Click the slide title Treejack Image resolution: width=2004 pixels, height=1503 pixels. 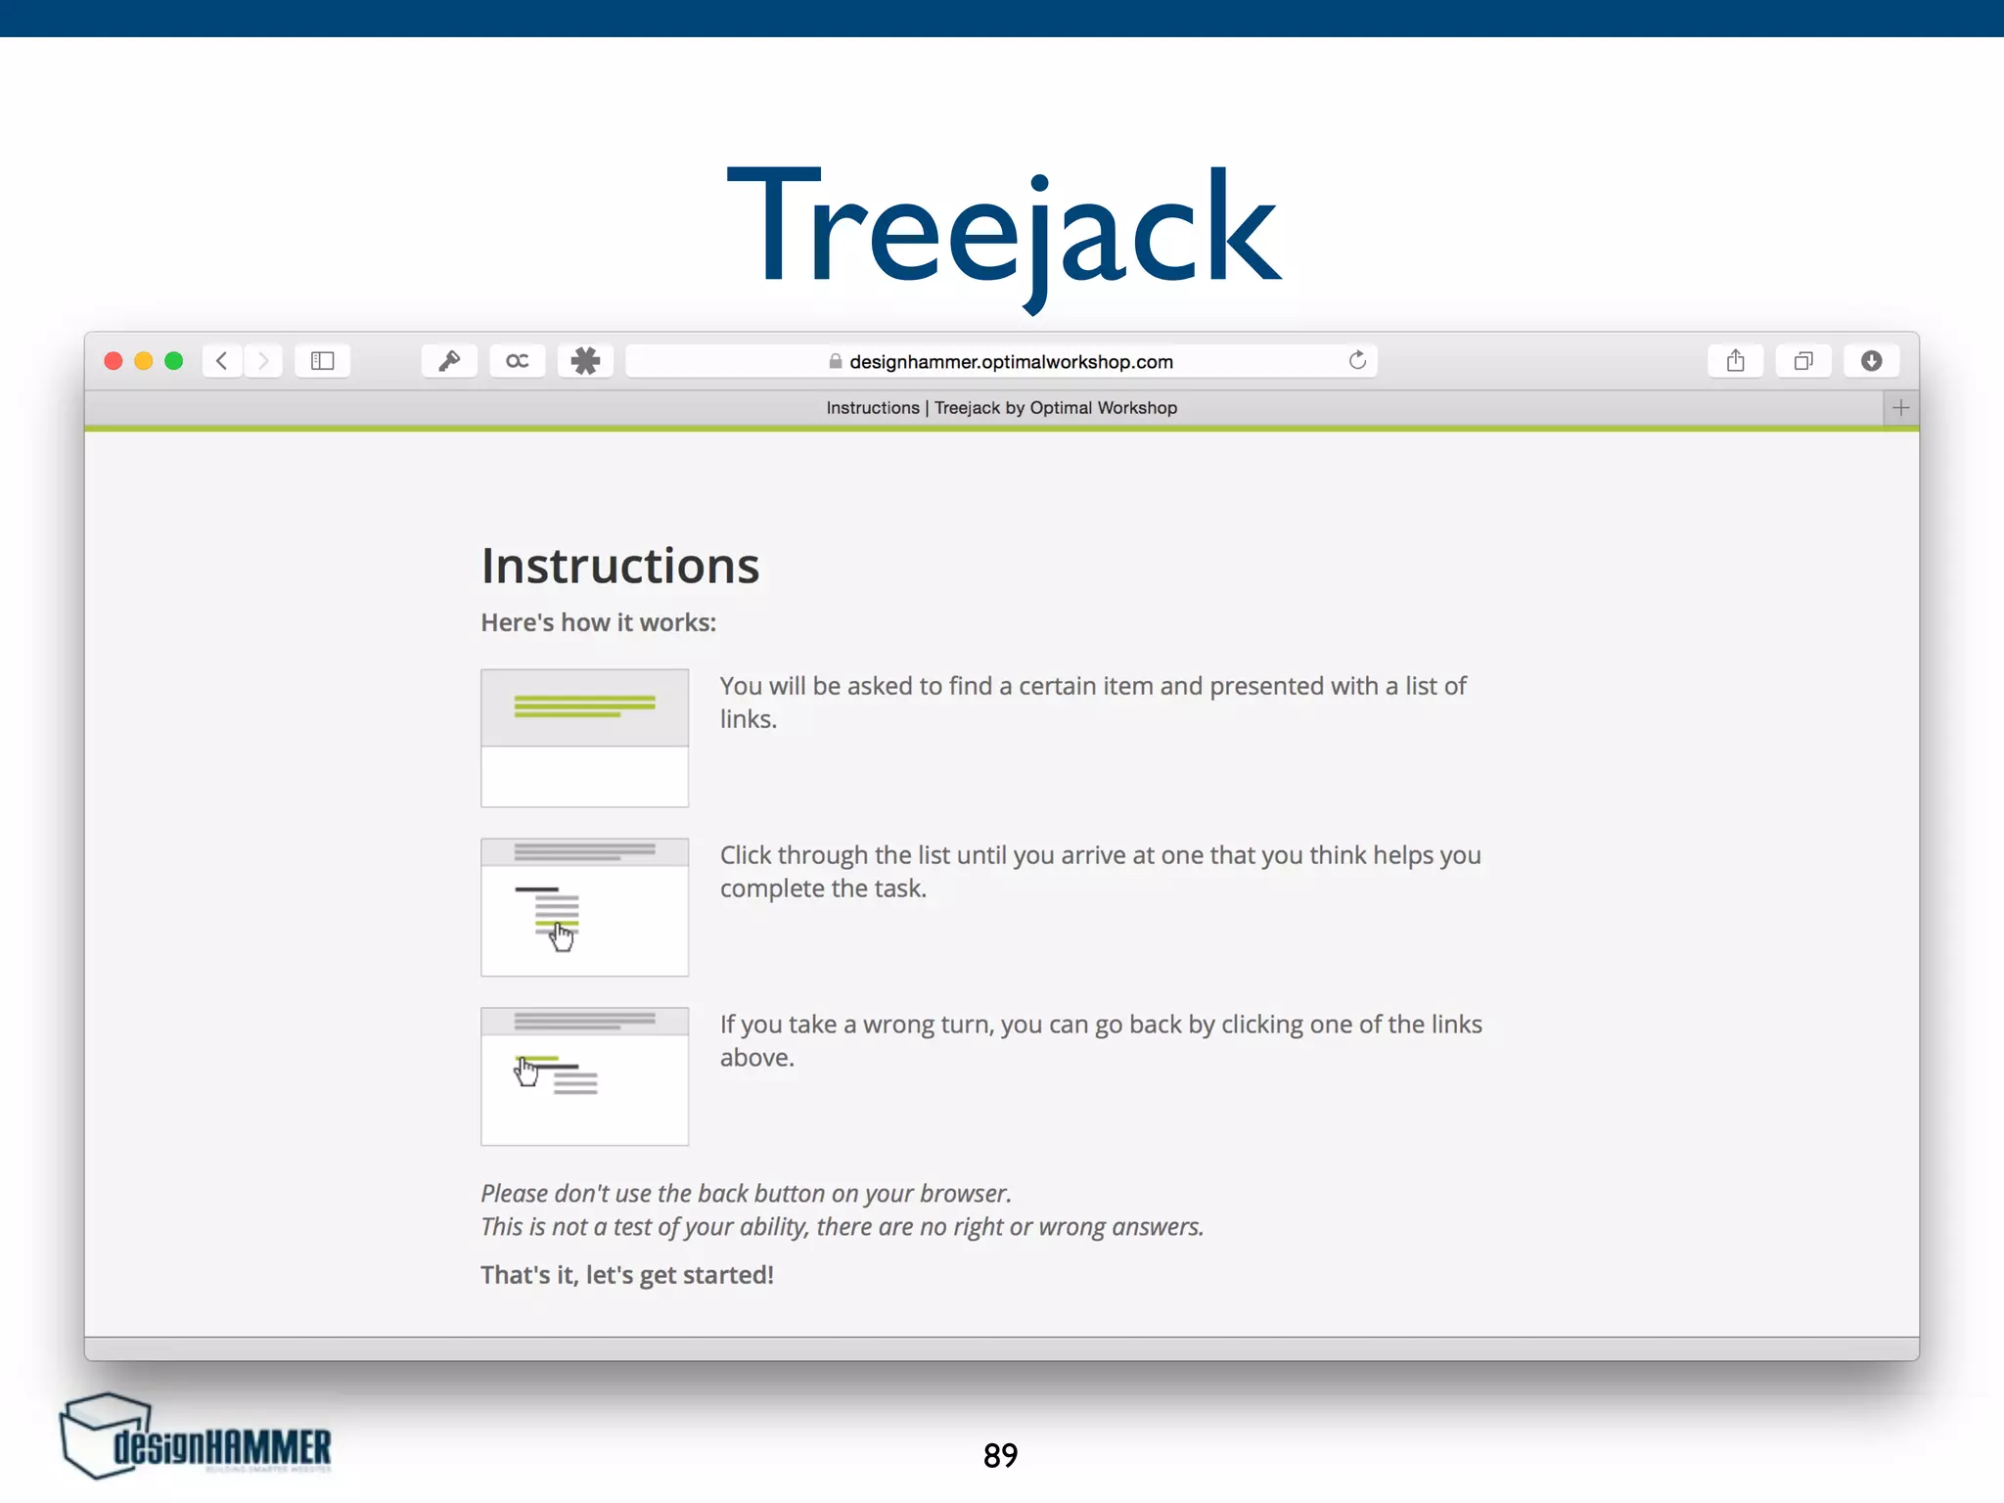click(x=1003, y=231)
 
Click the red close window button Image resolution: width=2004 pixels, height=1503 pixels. click(x=114, y=361)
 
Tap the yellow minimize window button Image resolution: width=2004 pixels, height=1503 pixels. click(x=144, y=361)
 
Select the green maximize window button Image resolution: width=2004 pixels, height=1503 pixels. click(x=174, y=361)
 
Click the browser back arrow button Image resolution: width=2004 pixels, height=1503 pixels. click(x=223, y=361)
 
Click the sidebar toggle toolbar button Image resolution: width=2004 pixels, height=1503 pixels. click(x=322, y=361)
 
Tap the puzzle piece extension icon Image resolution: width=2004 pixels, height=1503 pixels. click(x=585, y=361)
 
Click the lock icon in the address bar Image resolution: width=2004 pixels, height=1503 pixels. click(x=835, y=361)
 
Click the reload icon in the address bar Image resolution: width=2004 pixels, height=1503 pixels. click(x=1357, y=360)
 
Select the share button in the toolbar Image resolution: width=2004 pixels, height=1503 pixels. click(x=1735, y=361)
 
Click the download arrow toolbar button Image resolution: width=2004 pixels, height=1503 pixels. click(x=1871, y=361)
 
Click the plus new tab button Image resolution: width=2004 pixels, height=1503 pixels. click(x=1900, y=408)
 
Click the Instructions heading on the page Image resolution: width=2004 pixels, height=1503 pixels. click(x=619, y=566)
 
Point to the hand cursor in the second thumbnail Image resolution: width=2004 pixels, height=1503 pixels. click(x=562, y=936)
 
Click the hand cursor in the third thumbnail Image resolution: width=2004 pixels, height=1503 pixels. click(x=526, y=1071)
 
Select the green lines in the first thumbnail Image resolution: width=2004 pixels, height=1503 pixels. click(x=584, y=706)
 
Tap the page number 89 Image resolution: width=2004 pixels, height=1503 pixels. click(x=1000, y=1455)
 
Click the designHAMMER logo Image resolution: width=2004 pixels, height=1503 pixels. click(x=197, y=1437)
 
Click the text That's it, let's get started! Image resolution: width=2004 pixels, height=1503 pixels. click(x=626, y=1275)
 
